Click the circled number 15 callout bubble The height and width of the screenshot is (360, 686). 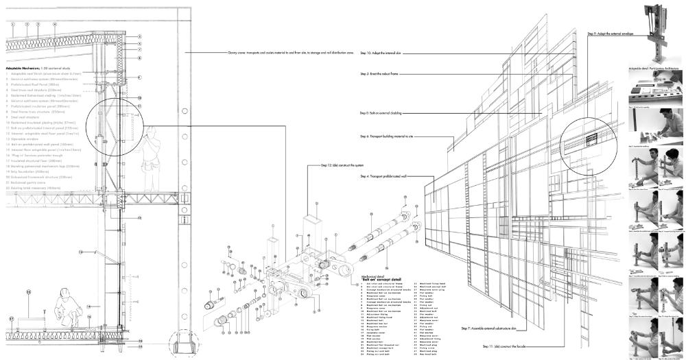pos(29,292)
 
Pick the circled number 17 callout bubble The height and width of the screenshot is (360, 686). pos(12,320)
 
